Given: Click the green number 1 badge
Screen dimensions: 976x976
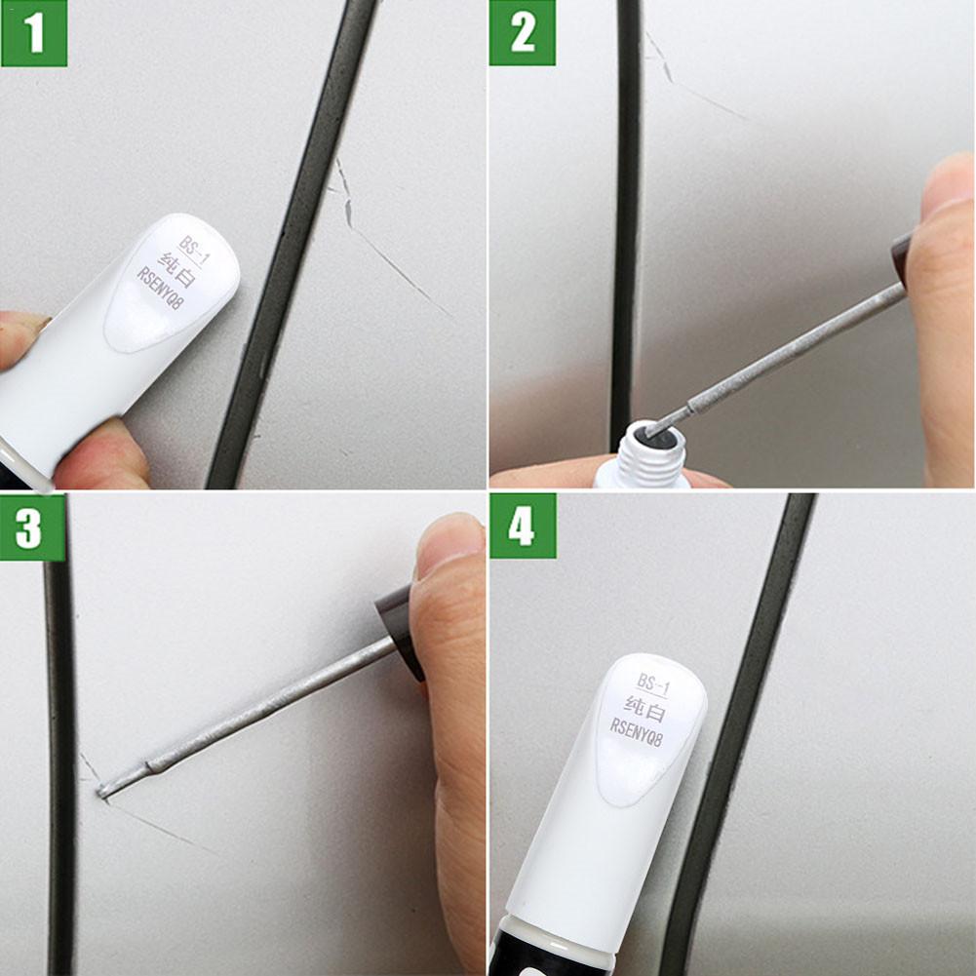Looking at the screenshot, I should point(34,33).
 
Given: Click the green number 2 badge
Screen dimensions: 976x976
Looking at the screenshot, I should point(523,33).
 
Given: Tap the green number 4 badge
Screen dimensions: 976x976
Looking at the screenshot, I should point(523,526).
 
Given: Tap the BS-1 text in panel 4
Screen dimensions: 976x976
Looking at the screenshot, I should point(653,682).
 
